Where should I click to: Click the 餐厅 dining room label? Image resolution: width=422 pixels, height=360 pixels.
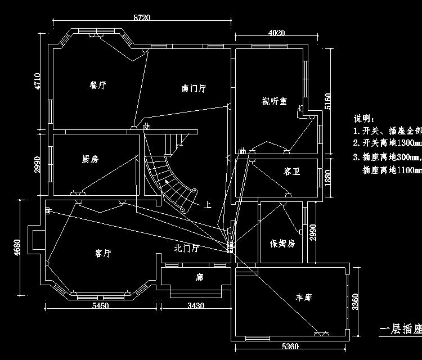98,85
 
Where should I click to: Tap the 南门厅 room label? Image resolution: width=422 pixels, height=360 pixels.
194,88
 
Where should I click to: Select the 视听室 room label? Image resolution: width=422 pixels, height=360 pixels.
275,101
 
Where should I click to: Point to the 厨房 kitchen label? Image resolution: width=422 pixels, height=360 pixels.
90,159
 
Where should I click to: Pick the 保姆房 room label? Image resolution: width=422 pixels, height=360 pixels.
282,244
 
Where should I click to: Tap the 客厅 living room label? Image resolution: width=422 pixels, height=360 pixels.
103,254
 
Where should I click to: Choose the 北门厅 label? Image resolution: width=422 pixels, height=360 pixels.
186,247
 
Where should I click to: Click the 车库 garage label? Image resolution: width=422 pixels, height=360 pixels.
307,296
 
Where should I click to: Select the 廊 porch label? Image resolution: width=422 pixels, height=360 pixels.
199,277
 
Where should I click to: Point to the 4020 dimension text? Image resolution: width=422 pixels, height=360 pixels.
276,33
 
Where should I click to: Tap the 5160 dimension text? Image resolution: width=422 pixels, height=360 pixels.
327,101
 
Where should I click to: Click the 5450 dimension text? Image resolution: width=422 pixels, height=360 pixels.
100,305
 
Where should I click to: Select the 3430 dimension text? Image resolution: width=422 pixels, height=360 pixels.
196,305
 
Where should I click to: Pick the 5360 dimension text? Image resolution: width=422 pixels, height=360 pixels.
290,345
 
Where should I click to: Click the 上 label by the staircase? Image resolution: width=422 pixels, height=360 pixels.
208,205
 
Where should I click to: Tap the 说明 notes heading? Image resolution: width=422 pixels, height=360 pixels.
363,119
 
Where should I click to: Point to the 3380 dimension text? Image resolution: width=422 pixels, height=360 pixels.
355,302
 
